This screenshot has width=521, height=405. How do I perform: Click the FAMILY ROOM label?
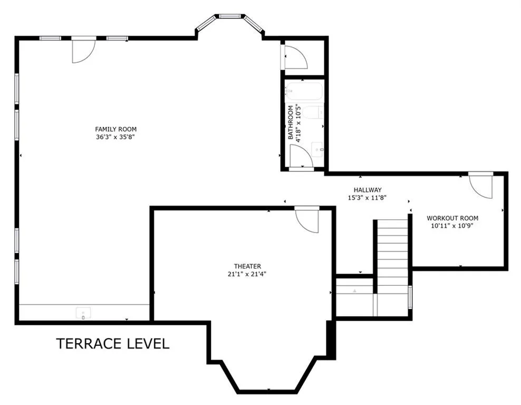pos(115,129)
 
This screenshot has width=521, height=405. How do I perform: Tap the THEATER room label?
pos(247,266)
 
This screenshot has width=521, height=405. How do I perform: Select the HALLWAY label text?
pos(368,190)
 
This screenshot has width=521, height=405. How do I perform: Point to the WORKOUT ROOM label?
pos(452,218)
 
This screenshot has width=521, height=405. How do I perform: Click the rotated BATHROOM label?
pos(291,122)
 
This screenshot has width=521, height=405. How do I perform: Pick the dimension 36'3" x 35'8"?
pos(115,137)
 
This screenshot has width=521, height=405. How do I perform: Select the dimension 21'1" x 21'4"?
pos(247,274)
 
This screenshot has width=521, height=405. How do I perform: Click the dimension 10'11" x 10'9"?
pos(452,226)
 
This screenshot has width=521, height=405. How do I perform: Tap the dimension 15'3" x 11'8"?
pos(367,198)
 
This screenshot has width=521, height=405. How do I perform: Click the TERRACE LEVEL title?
pos(113,343)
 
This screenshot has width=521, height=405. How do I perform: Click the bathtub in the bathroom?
pos(304,91)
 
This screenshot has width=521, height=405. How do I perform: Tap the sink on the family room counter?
pos(83,313)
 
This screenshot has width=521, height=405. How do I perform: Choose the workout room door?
pos(481,187)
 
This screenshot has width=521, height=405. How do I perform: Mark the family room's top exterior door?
pos(84,51)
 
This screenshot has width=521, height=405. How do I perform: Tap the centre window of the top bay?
pos(230,16)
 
